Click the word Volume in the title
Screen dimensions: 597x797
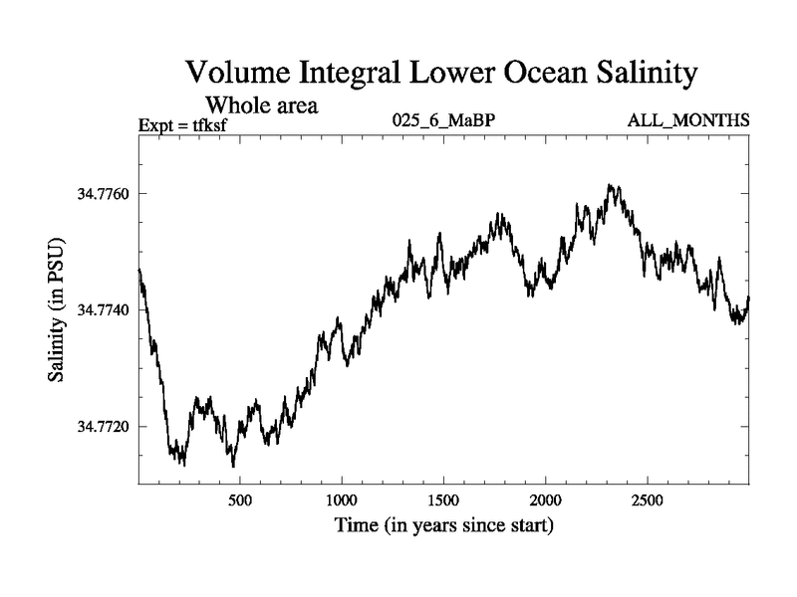click(234, 74)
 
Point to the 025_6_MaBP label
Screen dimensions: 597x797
click(442, 121)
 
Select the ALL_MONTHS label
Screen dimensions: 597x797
click(687, 121)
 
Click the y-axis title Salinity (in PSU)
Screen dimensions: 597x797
click(58, 309)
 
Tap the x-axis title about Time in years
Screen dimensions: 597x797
click(443, 524)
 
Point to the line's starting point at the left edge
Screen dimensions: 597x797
click(138, 270)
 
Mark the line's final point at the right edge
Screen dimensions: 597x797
click(748, 298)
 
